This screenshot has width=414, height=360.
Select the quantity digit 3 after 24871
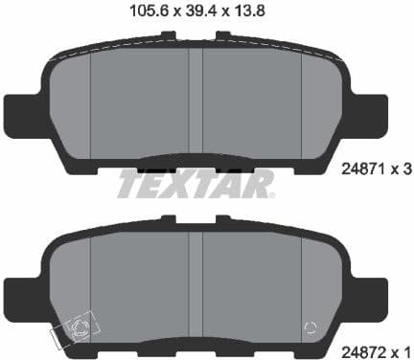pyautogui.click(x=406, y=173)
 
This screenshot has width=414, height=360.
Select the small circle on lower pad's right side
pyautogui.click(x=309, y=326)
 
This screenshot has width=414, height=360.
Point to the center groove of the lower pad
pyautogui.click(x=196, y=278)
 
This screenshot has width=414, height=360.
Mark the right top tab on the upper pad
pyautogui.click(x=224, y=37)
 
